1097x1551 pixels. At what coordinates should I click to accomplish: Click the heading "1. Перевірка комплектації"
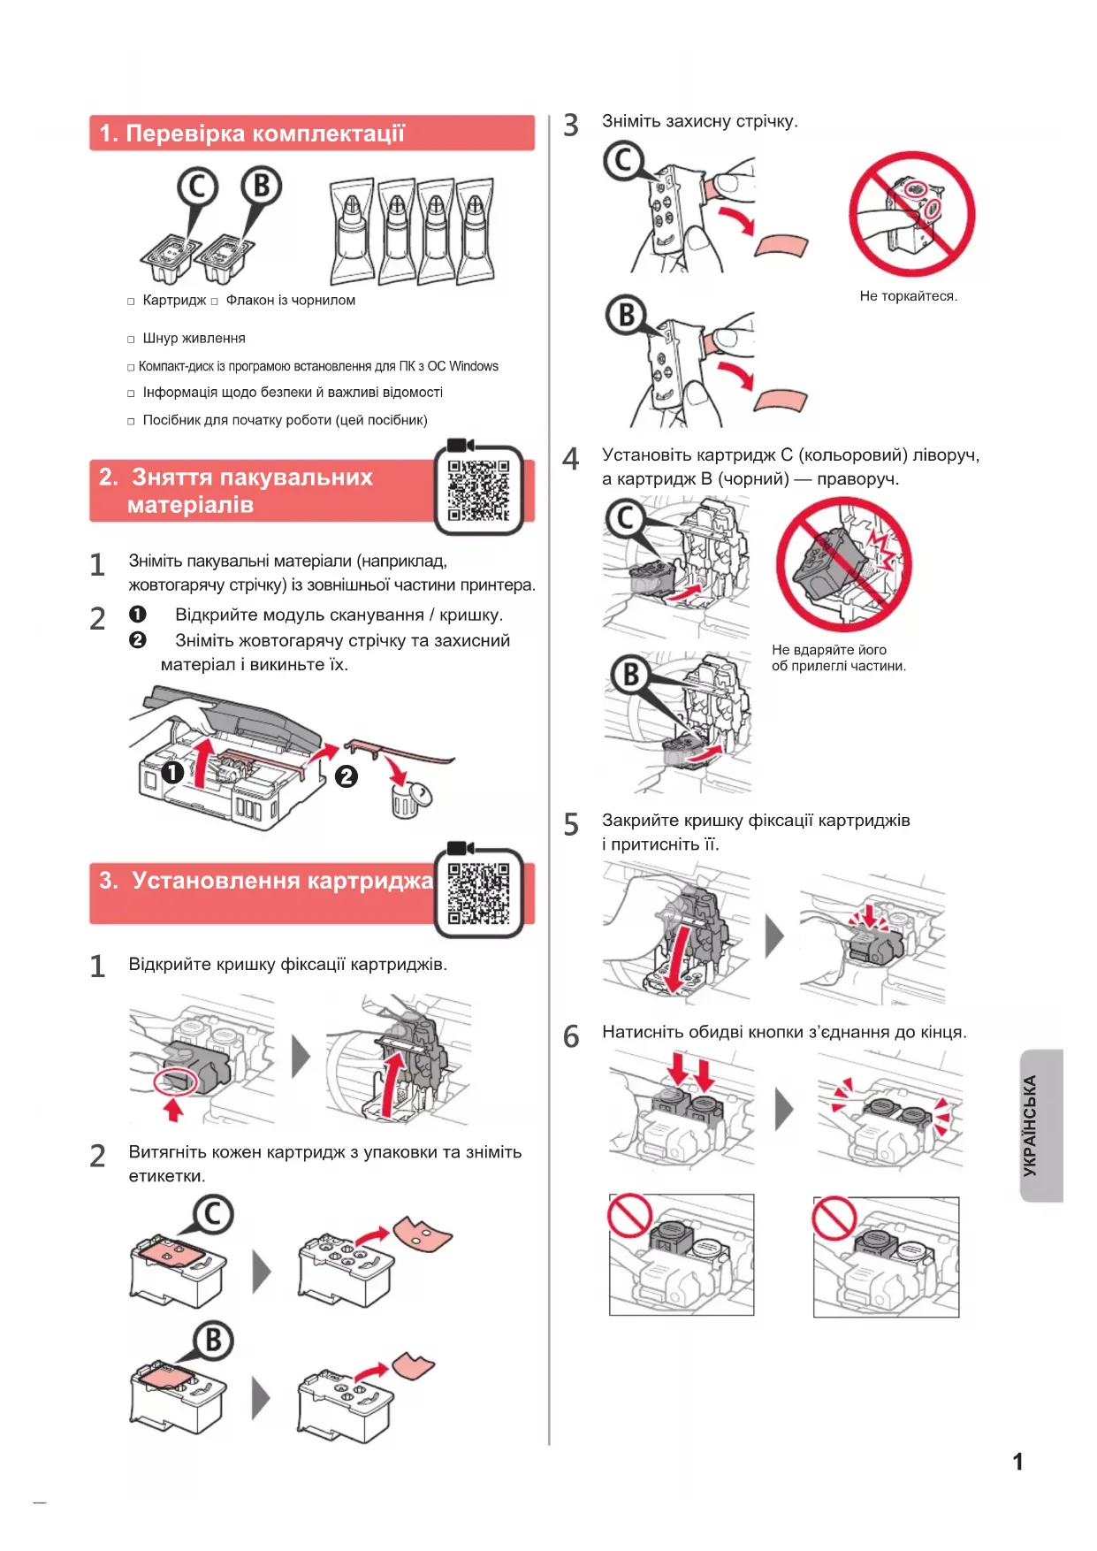coord(252,134)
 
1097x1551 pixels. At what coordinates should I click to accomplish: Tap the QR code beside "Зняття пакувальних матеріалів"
coord(478,491)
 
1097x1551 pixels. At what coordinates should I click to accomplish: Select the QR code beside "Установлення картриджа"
coord(478,893)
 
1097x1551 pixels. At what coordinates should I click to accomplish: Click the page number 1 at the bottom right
coord(1017,1461)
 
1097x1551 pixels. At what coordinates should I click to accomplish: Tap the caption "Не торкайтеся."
coord(908,296)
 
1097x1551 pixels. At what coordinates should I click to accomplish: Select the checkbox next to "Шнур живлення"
coord(131,340)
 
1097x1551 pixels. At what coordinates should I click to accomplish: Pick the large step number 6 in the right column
coord(571,1035)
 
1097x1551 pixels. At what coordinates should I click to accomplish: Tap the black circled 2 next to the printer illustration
coord(346,776)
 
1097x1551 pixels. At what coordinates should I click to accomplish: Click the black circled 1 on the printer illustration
coord(172,772)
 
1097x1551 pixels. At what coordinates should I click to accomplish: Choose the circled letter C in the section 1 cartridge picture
coord(196,187)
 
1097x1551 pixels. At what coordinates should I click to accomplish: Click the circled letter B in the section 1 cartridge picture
coord(261,187)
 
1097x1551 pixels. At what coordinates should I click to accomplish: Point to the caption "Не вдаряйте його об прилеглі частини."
coord(838,658)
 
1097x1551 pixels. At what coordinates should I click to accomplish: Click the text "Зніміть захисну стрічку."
coord(699,121)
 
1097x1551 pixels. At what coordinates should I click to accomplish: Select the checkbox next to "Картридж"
coord(131,302)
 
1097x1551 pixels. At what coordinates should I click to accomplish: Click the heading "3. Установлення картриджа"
coord(265,881)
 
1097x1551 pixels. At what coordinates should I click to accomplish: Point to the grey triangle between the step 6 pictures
coord(783,1109)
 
